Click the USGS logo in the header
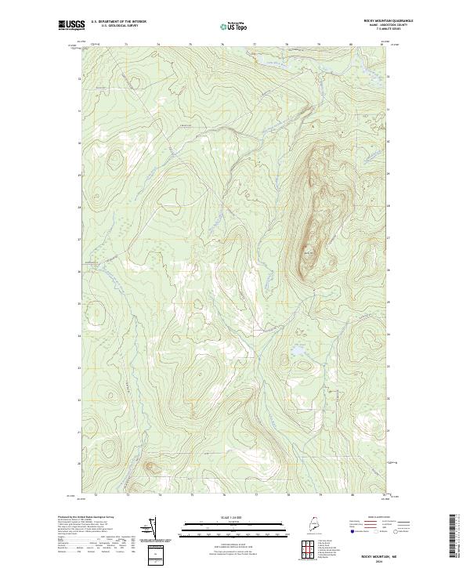click(71, 26)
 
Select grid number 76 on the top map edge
click(223, 45)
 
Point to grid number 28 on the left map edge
click(79, 207)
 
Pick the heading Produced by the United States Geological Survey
click(86, 517)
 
